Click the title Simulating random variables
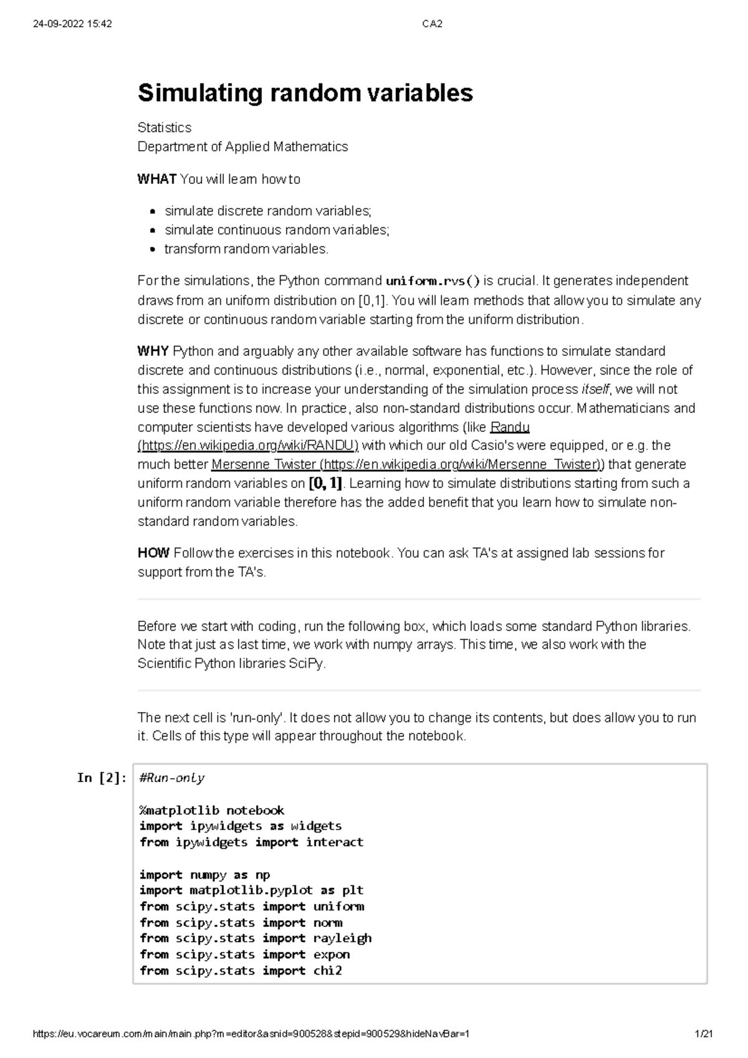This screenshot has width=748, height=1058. coord(305,93)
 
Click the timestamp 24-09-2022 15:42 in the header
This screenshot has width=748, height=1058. coord(72,24)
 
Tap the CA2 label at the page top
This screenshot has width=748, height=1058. coord(432,24)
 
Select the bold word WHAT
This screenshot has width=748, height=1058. coord(156,179)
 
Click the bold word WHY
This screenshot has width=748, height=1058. coord(153,351)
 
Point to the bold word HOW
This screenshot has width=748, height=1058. coord(153,553)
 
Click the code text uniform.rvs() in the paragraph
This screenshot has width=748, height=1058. coord(433,281)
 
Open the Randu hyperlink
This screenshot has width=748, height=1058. coord(510,427)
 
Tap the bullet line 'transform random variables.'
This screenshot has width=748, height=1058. coord(246,249)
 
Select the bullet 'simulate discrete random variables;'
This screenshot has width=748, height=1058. coord(267,211)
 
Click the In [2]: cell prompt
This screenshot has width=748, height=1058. coord(102,778)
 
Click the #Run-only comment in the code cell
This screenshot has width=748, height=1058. coord(172,778)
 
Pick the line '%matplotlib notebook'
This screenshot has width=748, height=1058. coord(211,811)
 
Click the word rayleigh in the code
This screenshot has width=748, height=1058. coord(342,938)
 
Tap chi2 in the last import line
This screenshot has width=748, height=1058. coord(328,971)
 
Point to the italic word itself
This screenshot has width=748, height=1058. coord(596,389)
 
